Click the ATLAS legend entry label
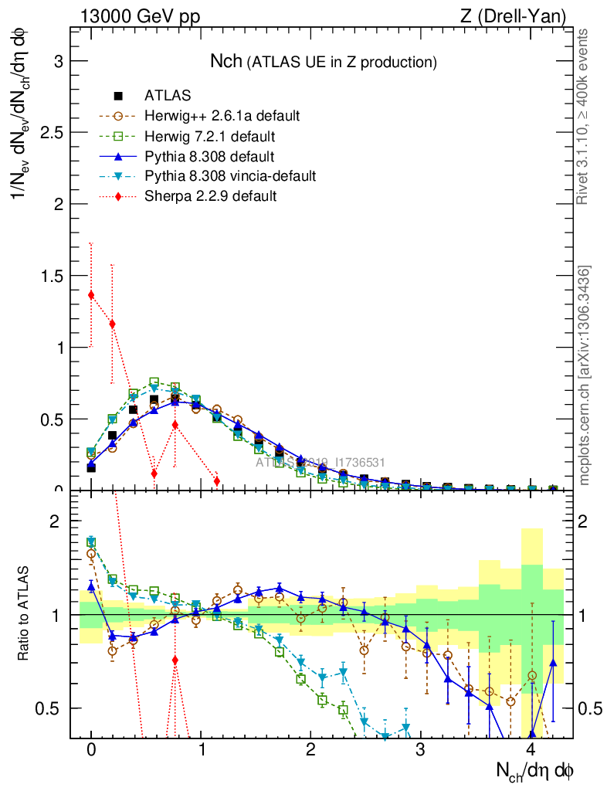pos(168,96)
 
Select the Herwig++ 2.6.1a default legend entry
pos(222,116)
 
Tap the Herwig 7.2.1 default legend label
pos(210,136)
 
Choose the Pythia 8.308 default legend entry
pos(210,156)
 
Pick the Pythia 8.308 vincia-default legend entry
pos(230,176)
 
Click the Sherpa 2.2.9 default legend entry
pos(210,196)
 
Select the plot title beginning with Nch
pos(324,61)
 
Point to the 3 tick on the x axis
pos(420,750)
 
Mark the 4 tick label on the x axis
pos(531,750)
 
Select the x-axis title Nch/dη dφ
pos(534,770)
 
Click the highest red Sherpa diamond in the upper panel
pos(91,294)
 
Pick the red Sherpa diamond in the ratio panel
pos(175,660)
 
